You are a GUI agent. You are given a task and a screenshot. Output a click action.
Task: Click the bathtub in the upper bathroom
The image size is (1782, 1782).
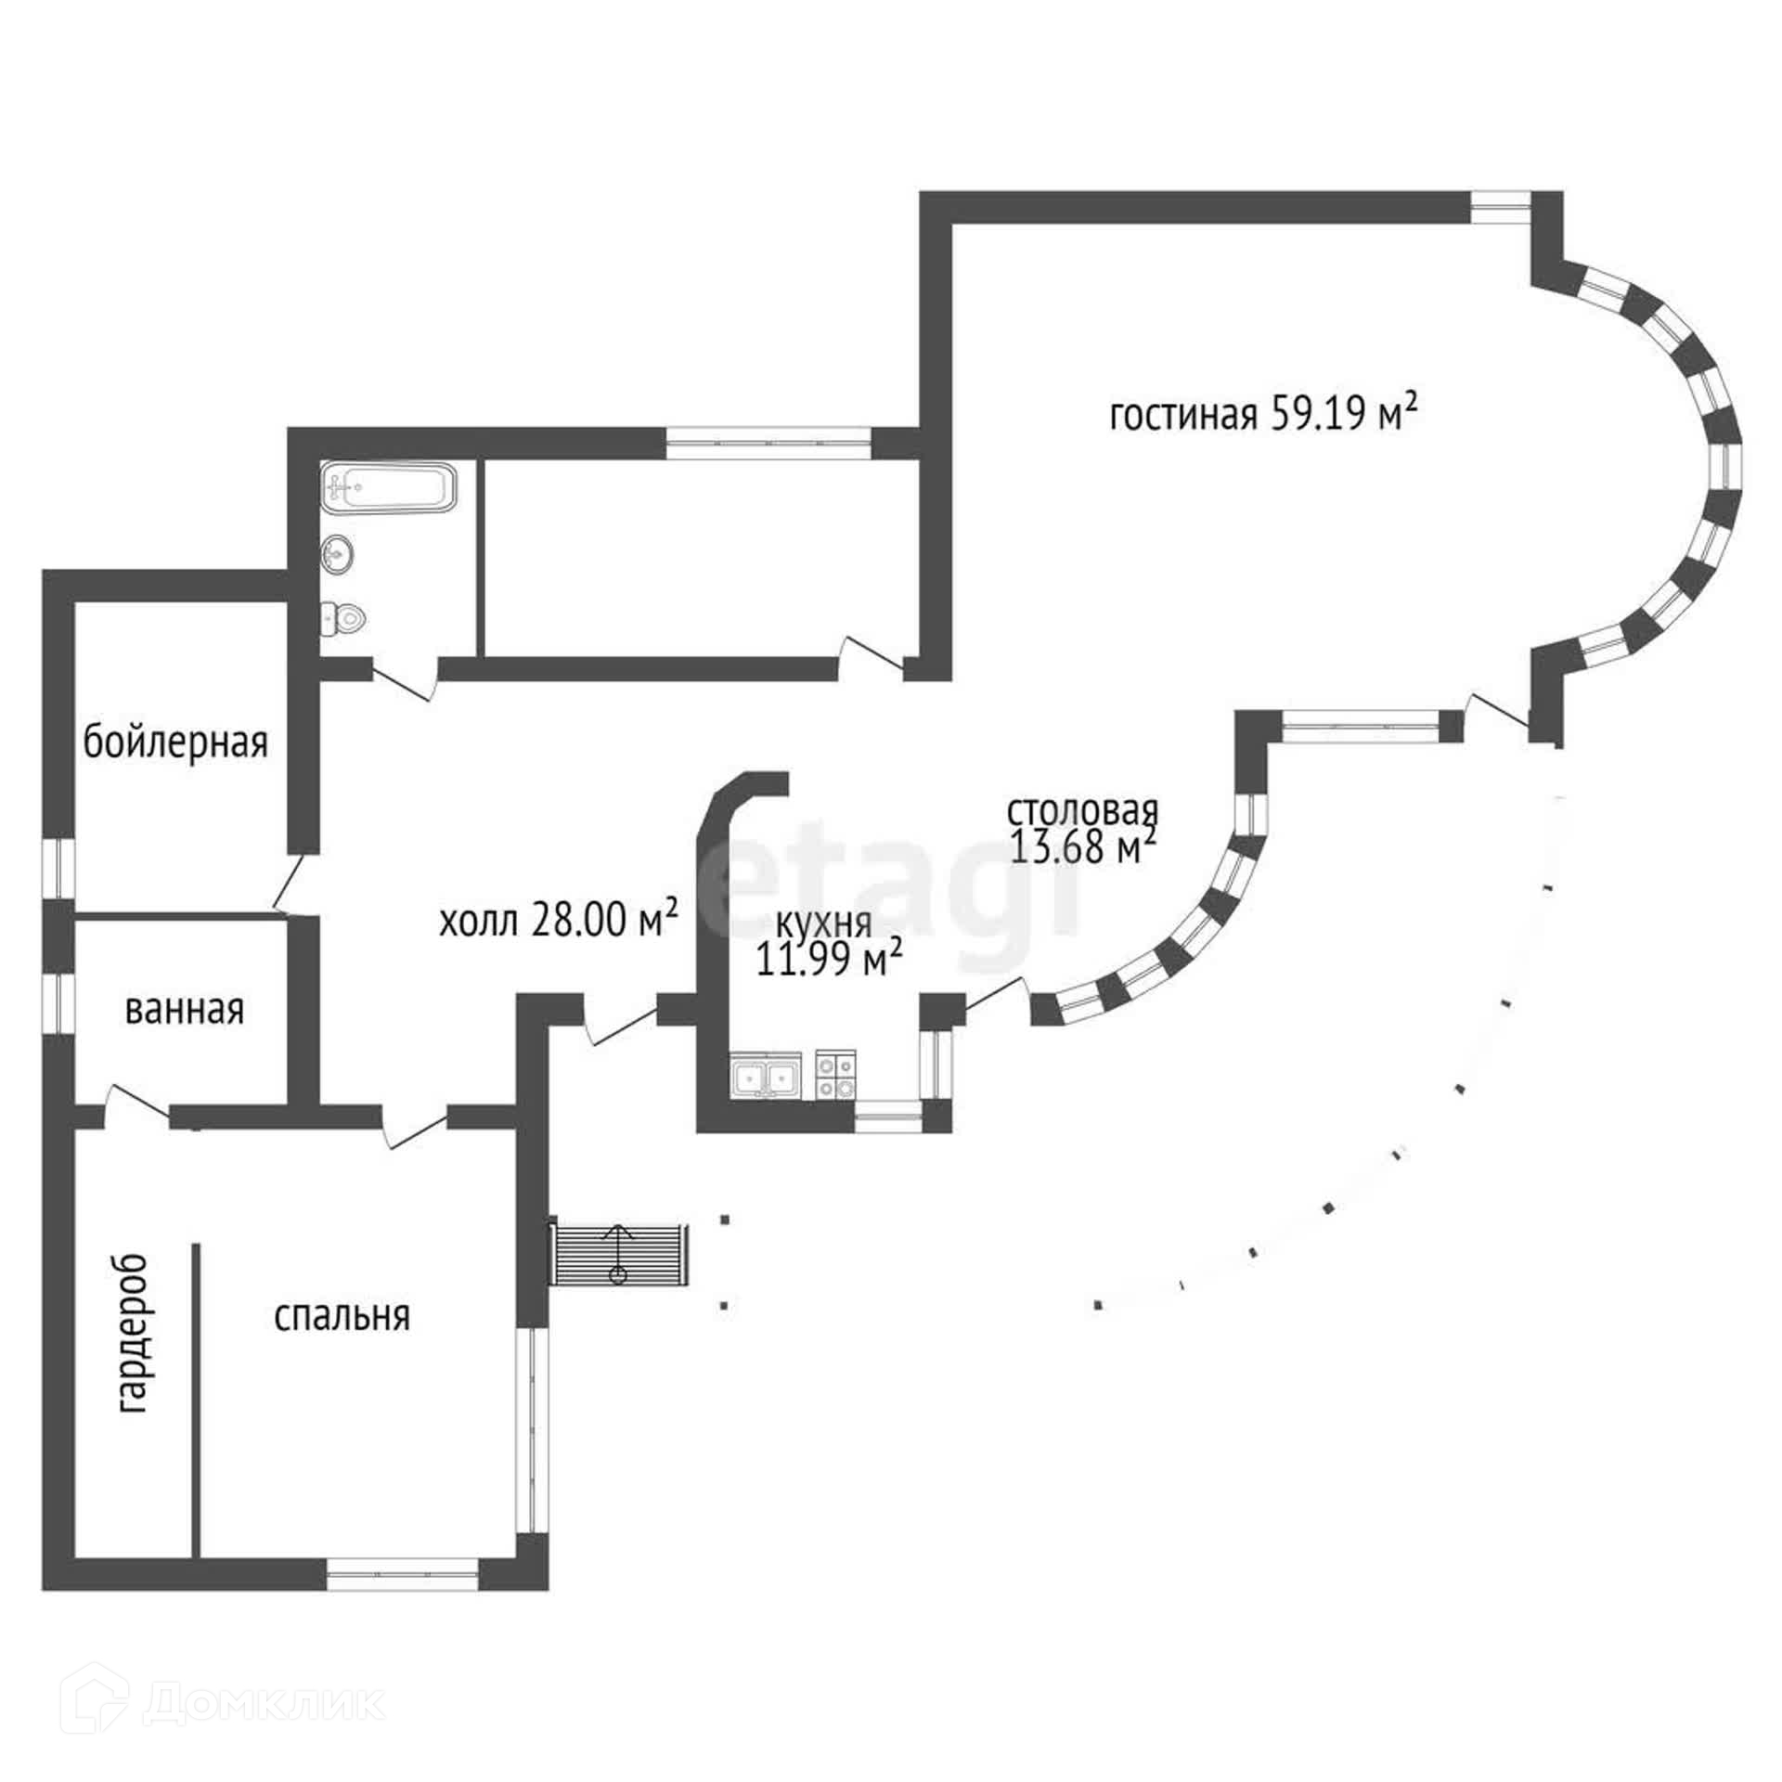(389, 486)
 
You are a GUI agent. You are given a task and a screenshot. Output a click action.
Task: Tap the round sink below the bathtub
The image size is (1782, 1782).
(337, 555)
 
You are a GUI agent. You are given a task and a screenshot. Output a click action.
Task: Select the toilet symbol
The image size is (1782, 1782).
(342, 617)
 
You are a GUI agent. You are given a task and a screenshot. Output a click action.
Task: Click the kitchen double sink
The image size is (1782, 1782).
(766, 1078)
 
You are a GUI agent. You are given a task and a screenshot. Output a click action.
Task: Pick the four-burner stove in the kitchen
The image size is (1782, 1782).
(835, 1077)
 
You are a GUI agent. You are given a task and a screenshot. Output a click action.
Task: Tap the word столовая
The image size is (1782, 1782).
(1083, 810)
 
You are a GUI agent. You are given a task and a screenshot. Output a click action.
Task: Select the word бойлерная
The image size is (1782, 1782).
(175, 742)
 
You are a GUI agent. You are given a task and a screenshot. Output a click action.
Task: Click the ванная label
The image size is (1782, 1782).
(184, 1009)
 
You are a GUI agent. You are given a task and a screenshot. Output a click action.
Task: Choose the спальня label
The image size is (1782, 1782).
(342, 1316)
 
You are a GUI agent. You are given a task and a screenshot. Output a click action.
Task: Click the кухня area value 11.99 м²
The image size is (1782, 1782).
(830, 960)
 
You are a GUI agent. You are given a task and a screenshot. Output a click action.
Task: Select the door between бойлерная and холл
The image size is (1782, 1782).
(291, 885)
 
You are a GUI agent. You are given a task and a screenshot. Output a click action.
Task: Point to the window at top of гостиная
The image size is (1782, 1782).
(1500, 206)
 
